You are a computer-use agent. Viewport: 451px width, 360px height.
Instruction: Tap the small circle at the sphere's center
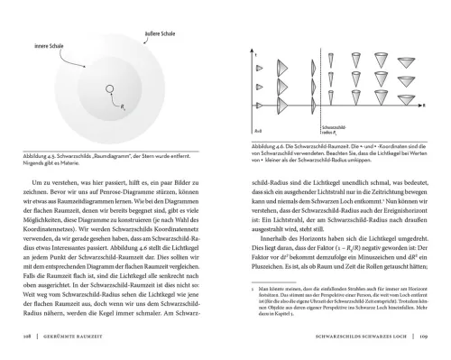coord(111,88)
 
